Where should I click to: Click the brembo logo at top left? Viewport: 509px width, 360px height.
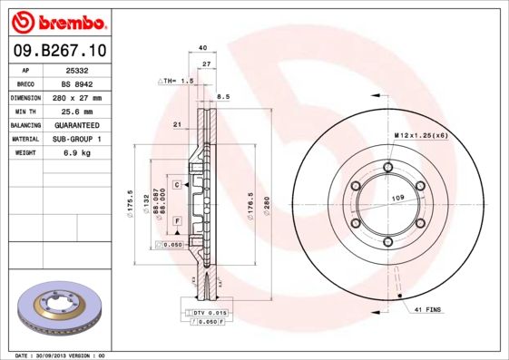[x=55, y=20]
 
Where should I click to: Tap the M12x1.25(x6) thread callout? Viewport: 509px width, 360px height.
[x=421, y=135]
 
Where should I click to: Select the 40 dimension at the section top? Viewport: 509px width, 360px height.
[x=202, y=47]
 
